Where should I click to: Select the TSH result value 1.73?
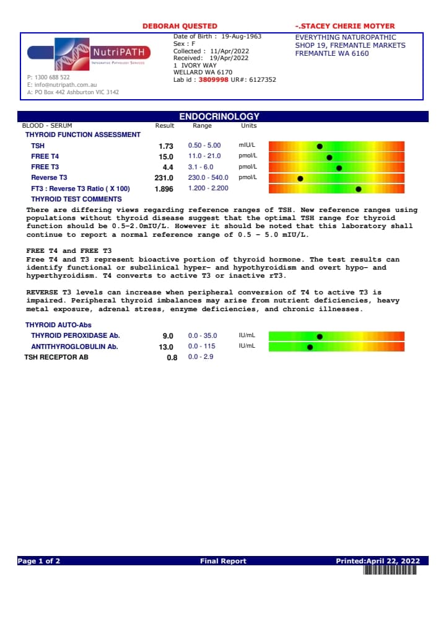[165, 146]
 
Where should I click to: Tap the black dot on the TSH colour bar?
[320, 146]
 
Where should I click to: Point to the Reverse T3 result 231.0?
[164, 178]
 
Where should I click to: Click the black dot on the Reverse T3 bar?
[300, 179]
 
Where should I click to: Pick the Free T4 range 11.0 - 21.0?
[204, 157]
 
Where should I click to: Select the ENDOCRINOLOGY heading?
[219, 117]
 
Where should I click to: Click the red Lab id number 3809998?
[213, 80]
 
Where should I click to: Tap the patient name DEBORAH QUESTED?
[180, 26]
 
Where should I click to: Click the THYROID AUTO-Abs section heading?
[58, 325]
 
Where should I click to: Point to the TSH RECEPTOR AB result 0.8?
[172, 358]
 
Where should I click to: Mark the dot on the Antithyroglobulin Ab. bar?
[310, 347]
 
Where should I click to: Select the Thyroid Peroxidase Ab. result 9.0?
[168, 336]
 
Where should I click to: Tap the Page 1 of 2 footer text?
[39, 561]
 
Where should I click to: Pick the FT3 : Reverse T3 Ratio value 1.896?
[164, 188]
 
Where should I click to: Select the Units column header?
[248, 125]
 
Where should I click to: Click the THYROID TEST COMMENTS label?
[76, 199]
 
